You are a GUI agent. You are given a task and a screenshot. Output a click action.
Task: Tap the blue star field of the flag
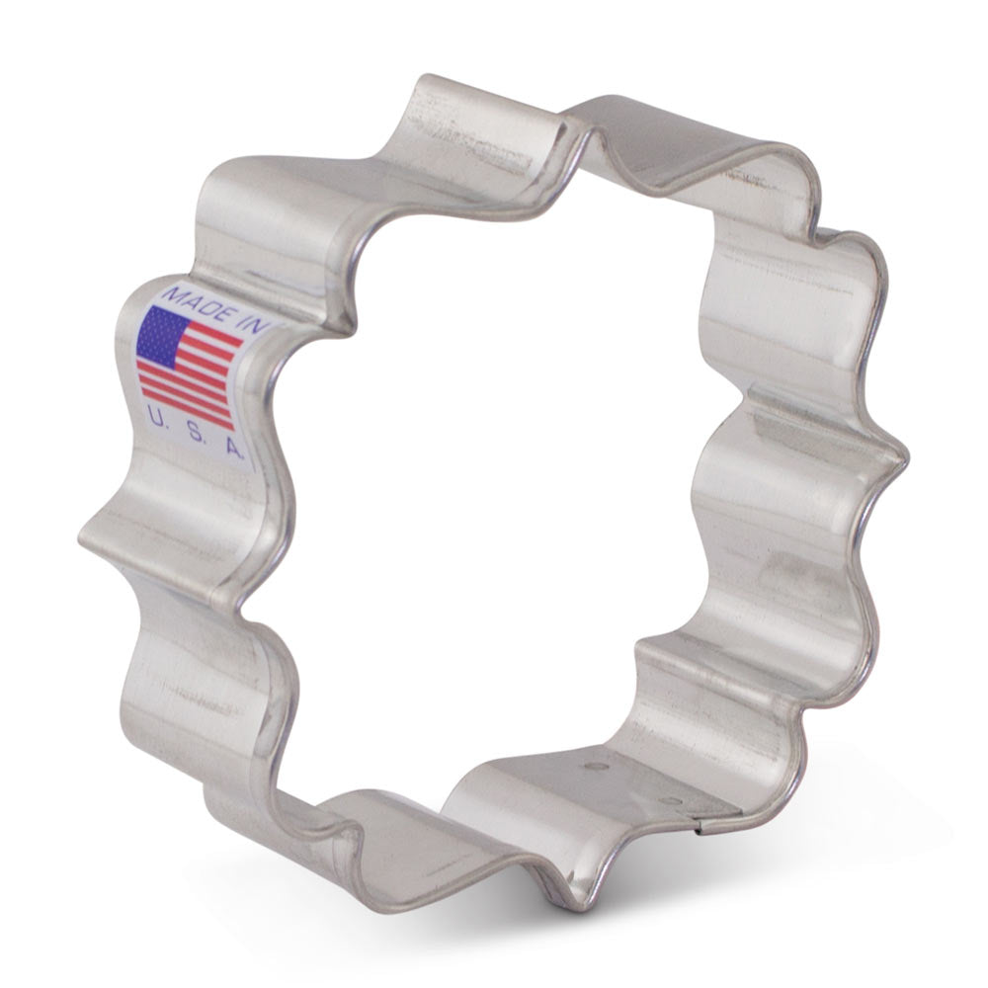(x=163, y=333)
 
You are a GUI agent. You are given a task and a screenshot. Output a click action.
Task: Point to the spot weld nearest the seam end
(x=673, y=800)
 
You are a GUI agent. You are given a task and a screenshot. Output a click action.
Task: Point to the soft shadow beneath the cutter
(x=790, y=869)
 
